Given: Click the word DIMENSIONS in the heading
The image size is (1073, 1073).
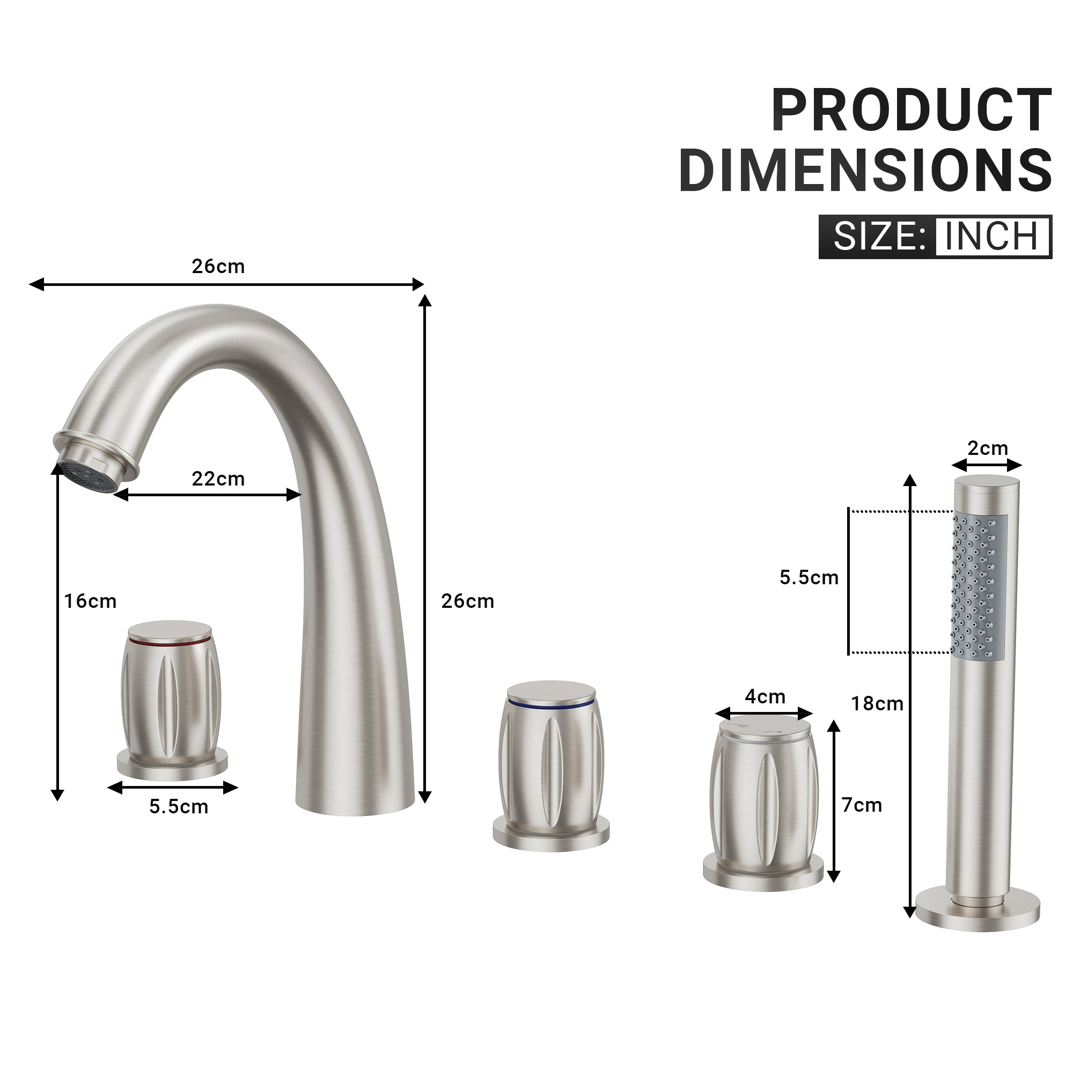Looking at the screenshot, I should (865, 170).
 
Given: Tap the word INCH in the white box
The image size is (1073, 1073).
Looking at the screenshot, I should (991, 237).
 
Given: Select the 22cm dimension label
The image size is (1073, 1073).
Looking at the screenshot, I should (218, 479).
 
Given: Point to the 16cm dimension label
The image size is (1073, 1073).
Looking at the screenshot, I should (91, 601).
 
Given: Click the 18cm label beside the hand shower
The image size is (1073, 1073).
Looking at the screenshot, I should (877, 704).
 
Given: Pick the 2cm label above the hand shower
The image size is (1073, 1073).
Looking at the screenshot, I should (988, 448).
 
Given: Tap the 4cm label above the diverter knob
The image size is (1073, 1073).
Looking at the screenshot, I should (765, 696).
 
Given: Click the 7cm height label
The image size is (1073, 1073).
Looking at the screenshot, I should (862, 805).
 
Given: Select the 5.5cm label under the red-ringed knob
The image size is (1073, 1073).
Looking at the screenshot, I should (179, 806).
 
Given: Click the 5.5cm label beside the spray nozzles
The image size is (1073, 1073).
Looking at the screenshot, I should (809, 578).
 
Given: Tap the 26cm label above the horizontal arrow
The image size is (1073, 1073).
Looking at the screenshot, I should (218, 267).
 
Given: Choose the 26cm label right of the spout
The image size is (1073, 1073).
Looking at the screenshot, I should (468, 601).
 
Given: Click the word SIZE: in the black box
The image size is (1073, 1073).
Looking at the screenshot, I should (879, 237).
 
